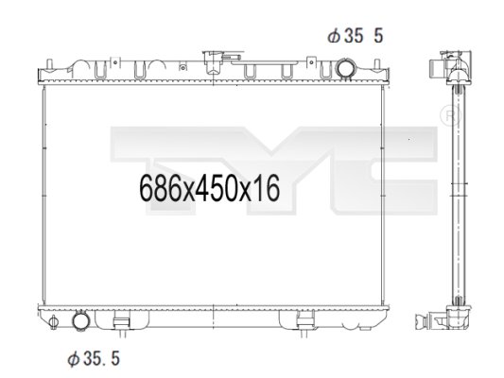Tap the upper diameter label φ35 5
(355, 37)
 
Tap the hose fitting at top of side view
(442, 68)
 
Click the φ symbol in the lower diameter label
(71, 358)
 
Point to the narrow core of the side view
(462, 189)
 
